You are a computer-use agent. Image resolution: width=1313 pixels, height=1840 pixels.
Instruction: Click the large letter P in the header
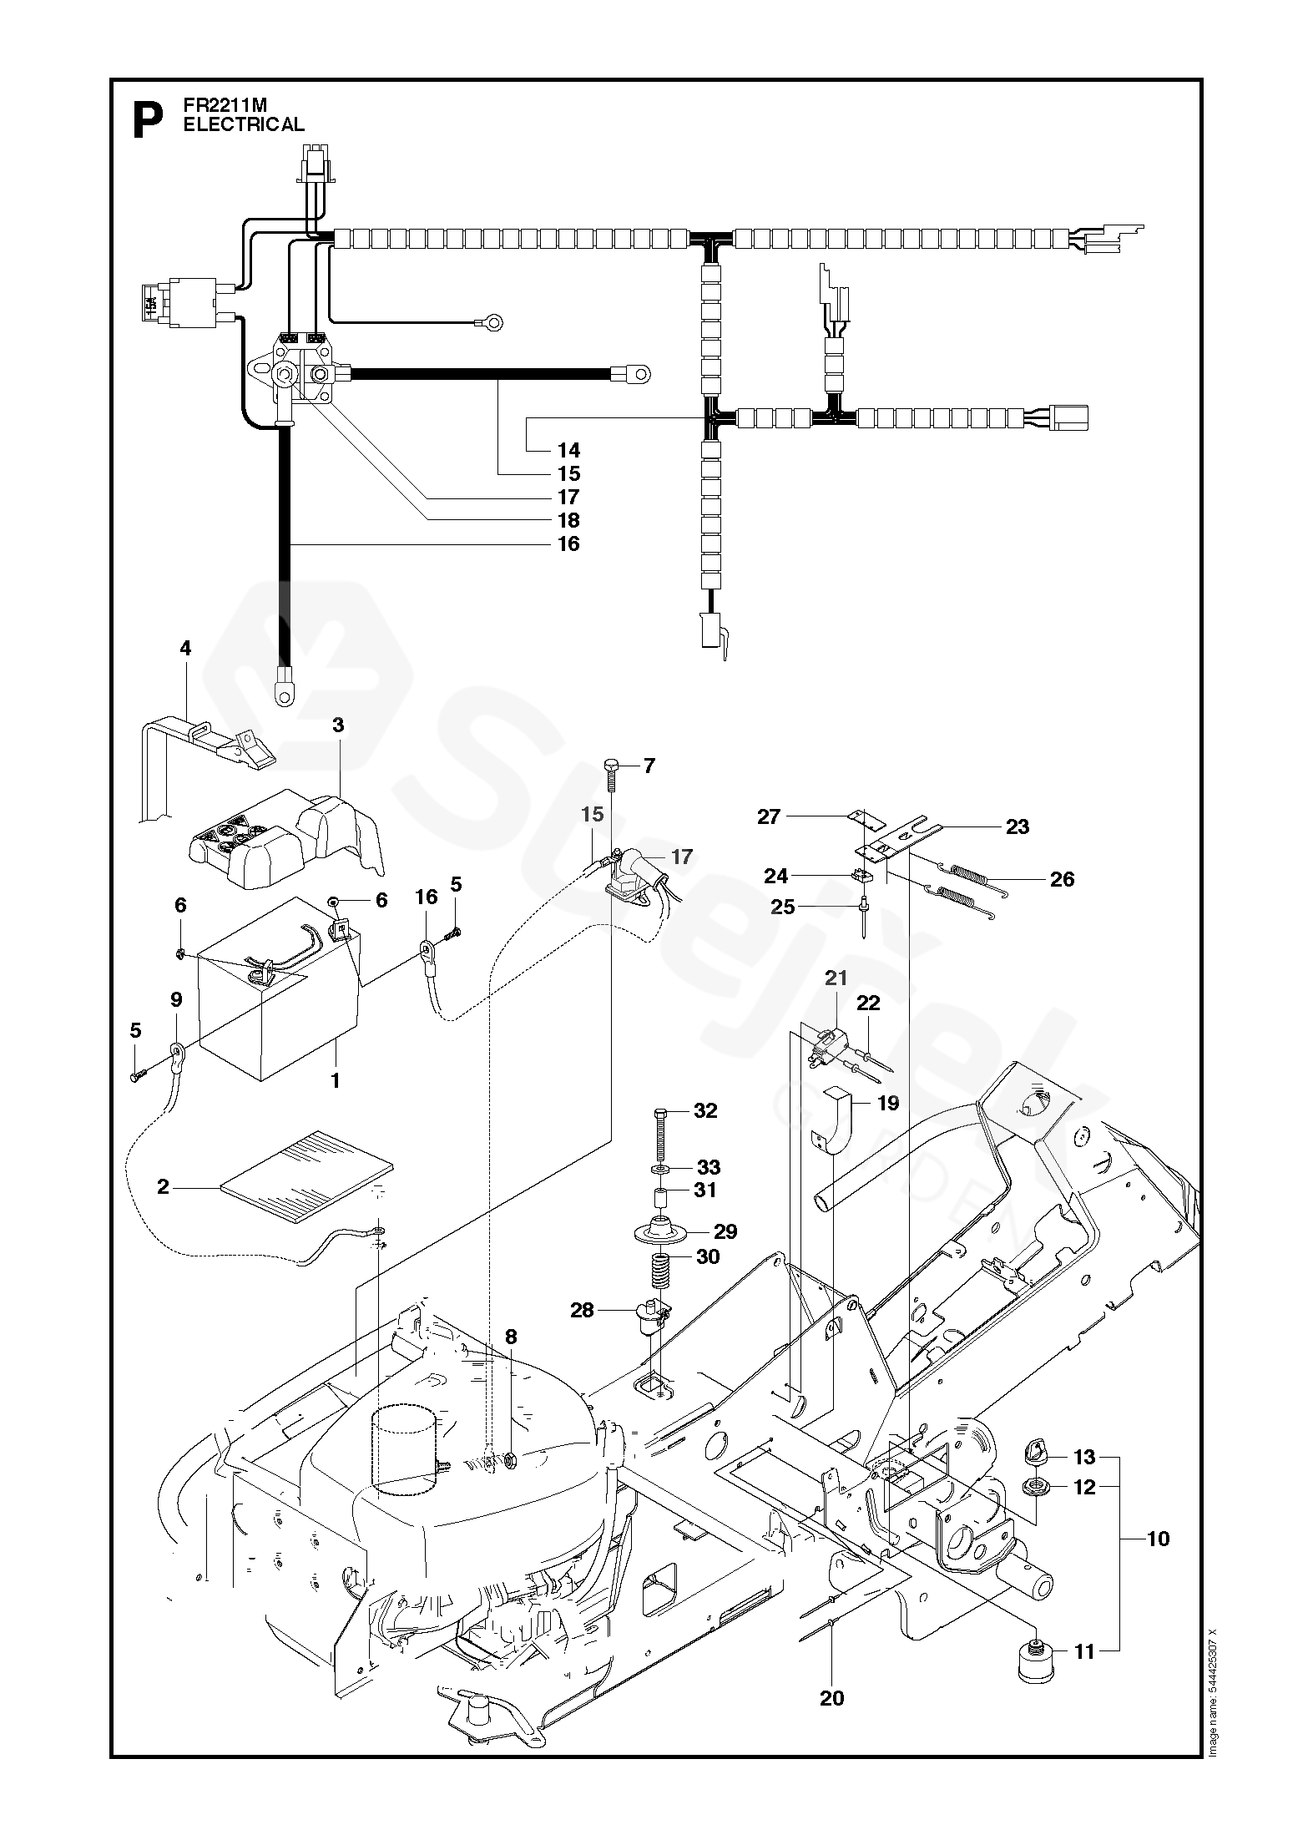tap(148, 120)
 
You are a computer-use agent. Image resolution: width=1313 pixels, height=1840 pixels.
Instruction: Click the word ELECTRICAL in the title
tap(244, 124)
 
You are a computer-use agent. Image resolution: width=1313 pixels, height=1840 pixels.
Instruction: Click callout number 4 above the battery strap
tap(185, 649)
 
